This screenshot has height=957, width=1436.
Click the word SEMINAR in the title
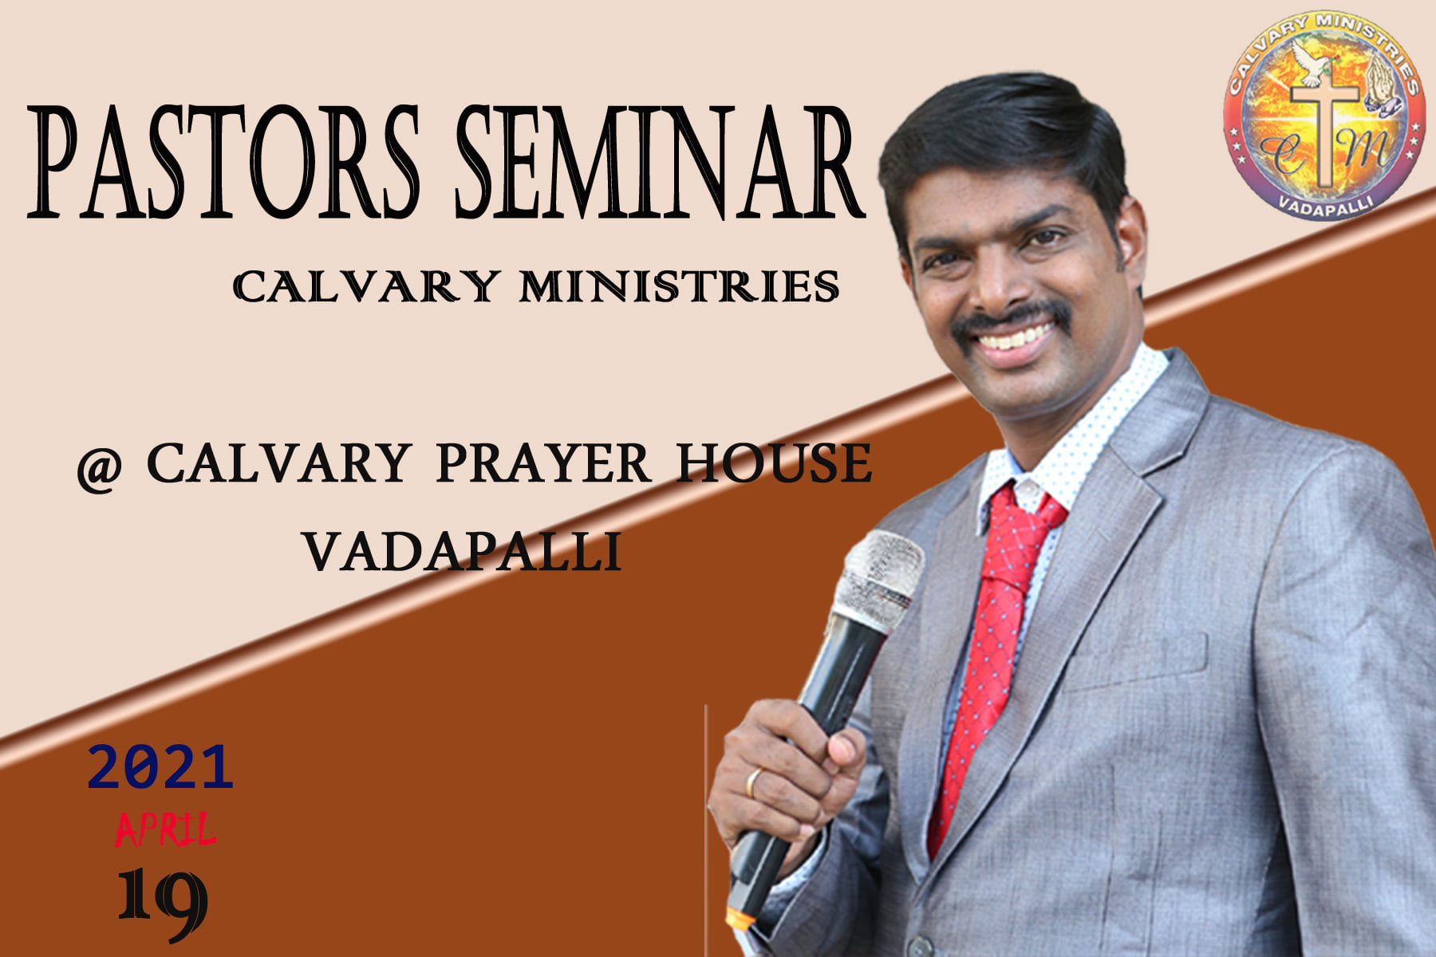click(661, 162)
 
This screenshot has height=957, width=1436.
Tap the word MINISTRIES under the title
click(679, 286)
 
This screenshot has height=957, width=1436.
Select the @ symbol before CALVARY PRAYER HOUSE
click(99, 469)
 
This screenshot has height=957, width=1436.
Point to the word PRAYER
click(543, 463)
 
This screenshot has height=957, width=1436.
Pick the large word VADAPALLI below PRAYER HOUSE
click(462, 551)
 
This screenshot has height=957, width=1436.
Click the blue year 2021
click(160, 767)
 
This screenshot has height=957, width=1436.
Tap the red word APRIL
click(165, 829)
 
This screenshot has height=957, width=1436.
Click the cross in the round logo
click(1325, 132)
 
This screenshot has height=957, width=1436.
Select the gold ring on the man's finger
click(752, 783)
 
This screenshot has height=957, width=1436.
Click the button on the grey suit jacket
click(920, 947)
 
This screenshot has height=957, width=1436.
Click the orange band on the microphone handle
click(741, 919)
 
